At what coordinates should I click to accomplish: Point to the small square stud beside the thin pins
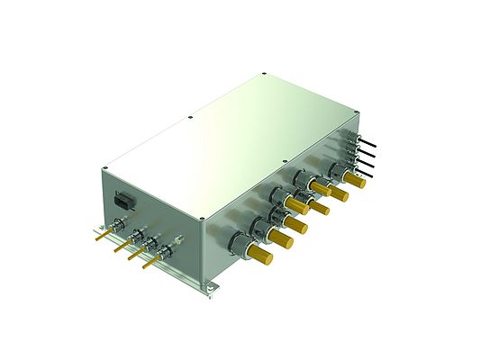pyautogui.click(x=180, y=240)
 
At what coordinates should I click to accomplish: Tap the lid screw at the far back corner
pyautogui.click(x=262, y=74)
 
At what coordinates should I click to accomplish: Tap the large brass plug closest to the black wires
pyautogui.click(x=355, y=181)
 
